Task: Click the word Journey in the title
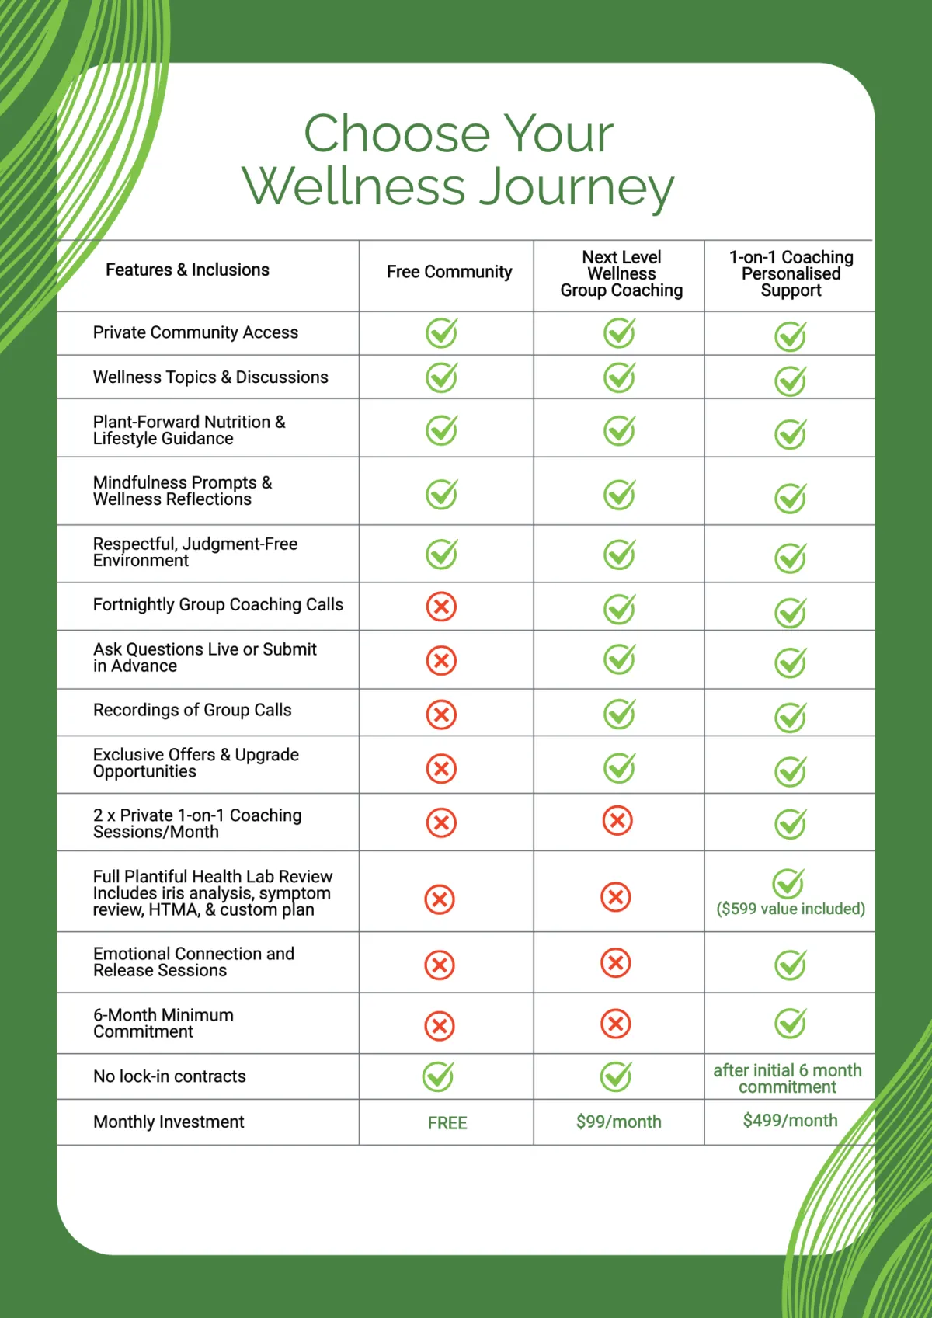tap(576, 188)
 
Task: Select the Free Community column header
tap(449, 272)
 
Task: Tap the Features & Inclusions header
tap(187, 270)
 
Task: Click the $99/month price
tap(618, 1122)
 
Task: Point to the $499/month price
tap(790, 1120)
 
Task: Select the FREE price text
tap(447, 1123)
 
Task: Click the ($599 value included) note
tap(790, 909)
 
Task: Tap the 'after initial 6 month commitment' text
tap(788, 1078)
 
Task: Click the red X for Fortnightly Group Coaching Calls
tap(441, 607)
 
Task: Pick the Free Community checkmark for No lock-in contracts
tap(438, 1076)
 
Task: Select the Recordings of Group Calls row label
tap(192, 710)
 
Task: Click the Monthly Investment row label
tap(169, 1122)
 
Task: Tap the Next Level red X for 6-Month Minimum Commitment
tap(615, 1024)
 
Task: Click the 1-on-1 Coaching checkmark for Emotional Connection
tap(790, 965)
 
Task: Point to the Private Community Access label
tap(196, 332)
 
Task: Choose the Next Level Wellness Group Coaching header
tap(621, 273)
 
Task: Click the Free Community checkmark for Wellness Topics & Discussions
tap(441, 377)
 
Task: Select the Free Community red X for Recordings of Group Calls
tap(441, 715)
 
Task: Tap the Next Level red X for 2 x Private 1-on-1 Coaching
tap(617, 820)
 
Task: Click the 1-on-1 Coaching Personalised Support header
tap(791, 273)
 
